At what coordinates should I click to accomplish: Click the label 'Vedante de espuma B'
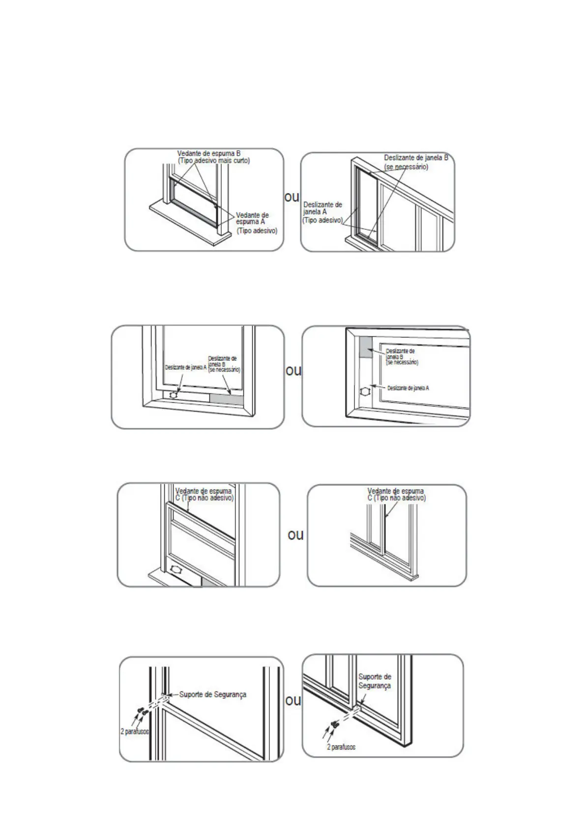209,154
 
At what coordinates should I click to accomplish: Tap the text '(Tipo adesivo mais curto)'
214,161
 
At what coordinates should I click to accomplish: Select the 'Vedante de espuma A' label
252,219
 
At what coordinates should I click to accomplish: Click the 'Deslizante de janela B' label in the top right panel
416,158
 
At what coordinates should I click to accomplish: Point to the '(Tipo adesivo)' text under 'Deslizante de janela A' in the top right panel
322,221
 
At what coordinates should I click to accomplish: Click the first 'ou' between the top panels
292,197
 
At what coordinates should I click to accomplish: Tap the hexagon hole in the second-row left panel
173,394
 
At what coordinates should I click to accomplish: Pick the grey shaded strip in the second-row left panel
226,399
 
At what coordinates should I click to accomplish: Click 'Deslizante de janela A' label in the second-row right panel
408,388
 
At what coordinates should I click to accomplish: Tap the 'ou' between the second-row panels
293,370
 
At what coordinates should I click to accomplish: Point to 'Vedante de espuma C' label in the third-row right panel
396,495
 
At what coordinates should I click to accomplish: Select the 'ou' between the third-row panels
295,534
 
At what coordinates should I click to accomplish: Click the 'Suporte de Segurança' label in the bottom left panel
212,695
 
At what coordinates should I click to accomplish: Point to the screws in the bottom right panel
335,724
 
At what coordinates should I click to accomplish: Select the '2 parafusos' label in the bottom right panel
341,747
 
